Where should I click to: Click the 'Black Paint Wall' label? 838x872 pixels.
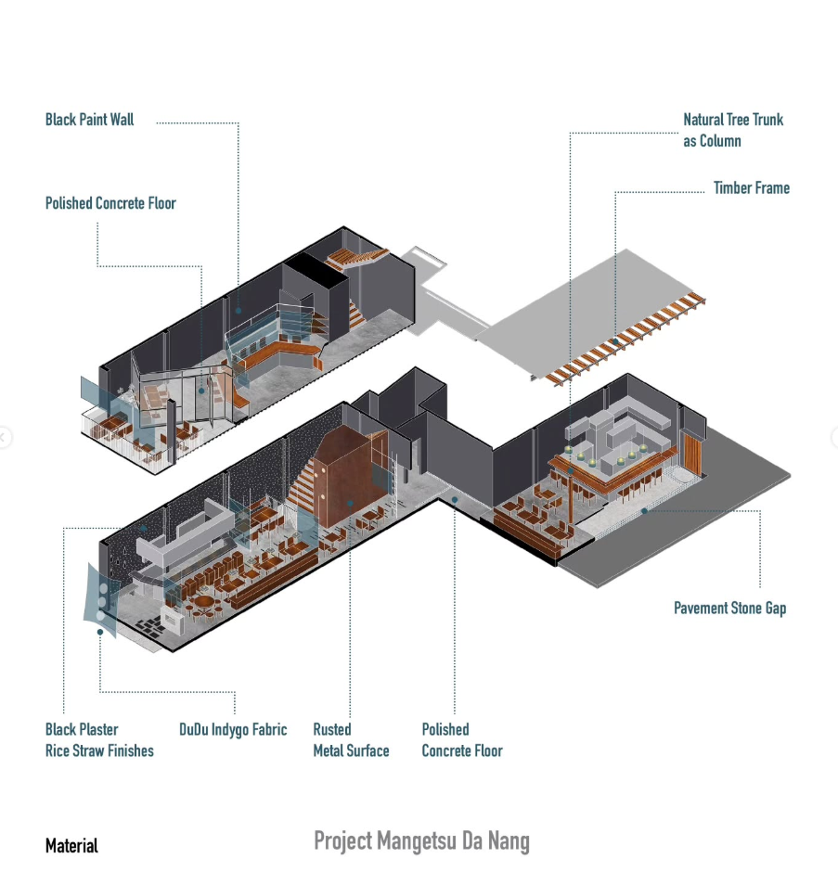[90, 120]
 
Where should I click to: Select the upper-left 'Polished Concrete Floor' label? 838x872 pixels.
[110, 203]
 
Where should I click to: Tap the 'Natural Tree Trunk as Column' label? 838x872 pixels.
[732, 130]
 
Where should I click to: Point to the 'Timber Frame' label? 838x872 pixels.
[751, 188]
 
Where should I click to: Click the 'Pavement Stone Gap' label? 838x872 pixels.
[729, 609]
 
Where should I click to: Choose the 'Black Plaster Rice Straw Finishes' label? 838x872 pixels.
[99, 740]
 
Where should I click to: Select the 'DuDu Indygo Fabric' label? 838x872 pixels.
[233, 730]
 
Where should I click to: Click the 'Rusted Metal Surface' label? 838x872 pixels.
[351, 740]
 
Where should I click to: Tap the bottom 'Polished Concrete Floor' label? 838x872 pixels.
[462, 740]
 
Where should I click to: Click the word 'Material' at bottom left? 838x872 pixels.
[71, 846]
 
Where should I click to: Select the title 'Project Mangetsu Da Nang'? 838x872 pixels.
[421, 841]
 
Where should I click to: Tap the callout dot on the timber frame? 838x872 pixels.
[614, 343]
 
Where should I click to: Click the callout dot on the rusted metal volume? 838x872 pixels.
[351, 503]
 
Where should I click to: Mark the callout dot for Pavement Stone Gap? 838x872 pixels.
[644, 510]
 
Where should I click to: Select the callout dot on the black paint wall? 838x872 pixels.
[239, 311]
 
